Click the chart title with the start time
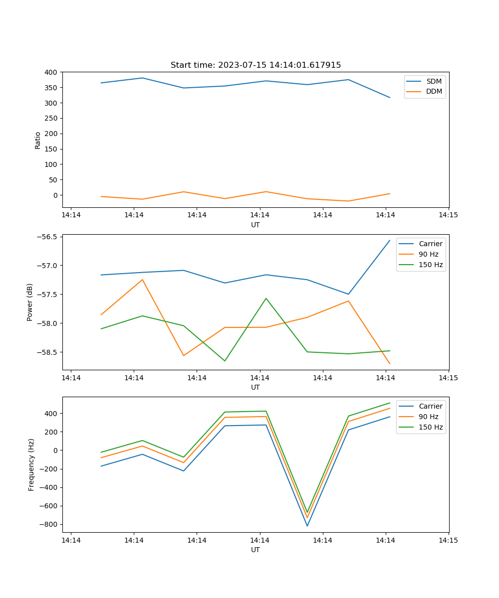tap(255, 65)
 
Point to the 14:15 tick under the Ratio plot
tap(448, 215)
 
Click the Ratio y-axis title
tap(38, 140)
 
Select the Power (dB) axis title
tap(30, 302)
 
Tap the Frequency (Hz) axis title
tap(31, 464)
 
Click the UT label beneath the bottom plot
tap(255, 550)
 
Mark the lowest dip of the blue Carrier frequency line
tap(307, 526)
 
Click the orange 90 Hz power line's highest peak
tap(142, 280)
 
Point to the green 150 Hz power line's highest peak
tap(266, 299)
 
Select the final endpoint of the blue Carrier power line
tap(390, 240)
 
